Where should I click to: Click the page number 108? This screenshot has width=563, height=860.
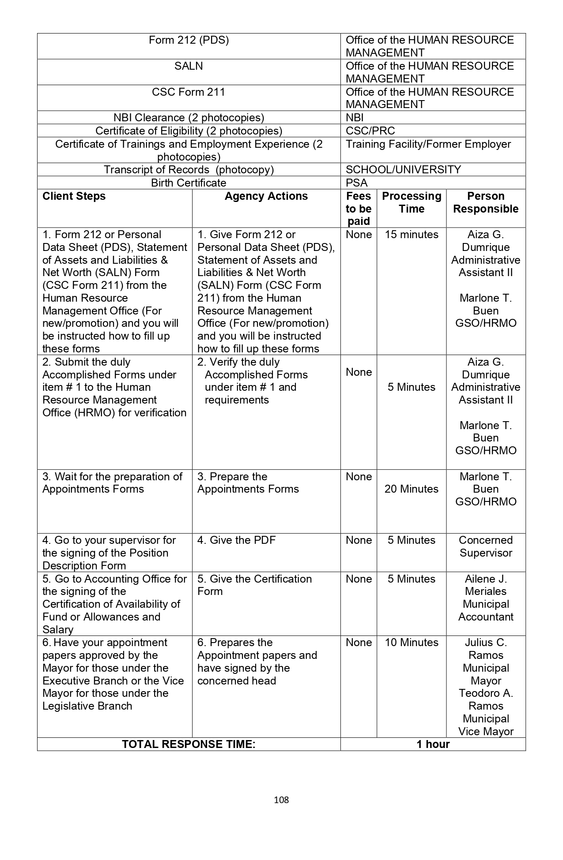pyautogui.click(x=281, y=800)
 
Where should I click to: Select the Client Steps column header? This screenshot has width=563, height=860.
pyautogui.click(x=74, y=196)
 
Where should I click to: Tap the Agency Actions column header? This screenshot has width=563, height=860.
pyautogui.click(x=266, y=196)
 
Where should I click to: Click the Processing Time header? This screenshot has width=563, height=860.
pyautogui.click(x=411, y=202)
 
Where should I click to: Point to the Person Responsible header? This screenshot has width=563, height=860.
pyautogui.click(x=485, y=202)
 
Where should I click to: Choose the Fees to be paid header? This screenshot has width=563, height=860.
pyautogui.click(x=358, y=209)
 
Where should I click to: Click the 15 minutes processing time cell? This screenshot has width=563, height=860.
pyautogui.click(x=411, y=235)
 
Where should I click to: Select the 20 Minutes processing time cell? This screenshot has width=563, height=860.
pyautogui.click(x=411, y=489)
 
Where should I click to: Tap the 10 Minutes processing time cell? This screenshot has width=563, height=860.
pyautogui.click(x=411, y=643)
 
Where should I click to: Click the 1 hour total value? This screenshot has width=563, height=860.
pyautogui.click(x=433, y=744)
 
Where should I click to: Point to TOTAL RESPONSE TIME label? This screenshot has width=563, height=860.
pyautogui.click(x=189, y=744)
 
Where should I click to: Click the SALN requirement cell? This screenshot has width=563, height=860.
pyautogui.click(x=189, y=66)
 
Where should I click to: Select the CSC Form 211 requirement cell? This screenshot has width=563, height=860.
pyautogui.click(x=189, y=92)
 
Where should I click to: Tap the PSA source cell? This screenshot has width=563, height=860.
pyautogui.click(x=356, y=183)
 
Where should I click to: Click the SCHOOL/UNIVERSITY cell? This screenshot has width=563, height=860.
pyautogui.click(x=403, y=170)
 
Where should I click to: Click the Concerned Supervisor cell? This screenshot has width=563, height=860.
pyautogui.click(x=485, y=546)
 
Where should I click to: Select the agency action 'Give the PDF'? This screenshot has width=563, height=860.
pyautogui.click(x=236, y=540)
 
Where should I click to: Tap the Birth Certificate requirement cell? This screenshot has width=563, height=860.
pyautogui.click(x=189, y=183)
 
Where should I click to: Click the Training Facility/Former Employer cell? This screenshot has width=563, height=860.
pyautogui.click(x=428, y=144)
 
